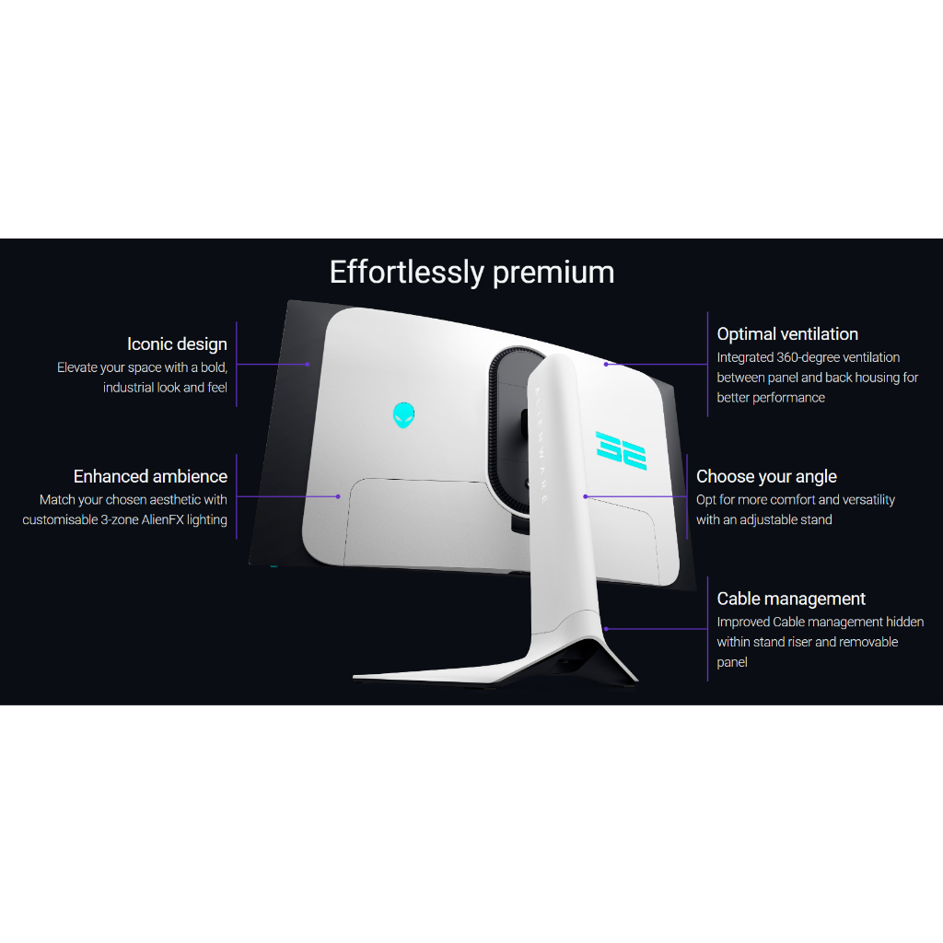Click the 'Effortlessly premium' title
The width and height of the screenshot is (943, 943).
coord(471,273)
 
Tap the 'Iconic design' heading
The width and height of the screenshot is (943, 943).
coord(177,344)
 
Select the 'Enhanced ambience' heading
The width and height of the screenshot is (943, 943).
coord(150,476)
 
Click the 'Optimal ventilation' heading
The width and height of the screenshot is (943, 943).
coord(787,334)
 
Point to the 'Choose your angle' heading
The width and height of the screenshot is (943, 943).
coord(766,476)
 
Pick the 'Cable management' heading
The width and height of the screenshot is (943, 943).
coord(791,599)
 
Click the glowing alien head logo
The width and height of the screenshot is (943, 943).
coord(403,415)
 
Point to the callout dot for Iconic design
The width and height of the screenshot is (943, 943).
coord(308,365)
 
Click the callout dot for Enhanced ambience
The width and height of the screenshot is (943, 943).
coord(338,496)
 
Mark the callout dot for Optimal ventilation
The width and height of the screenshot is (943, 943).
coord(606,364)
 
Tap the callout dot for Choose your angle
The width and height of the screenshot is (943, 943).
coord(585,497)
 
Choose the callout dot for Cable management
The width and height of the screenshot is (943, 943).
coord(605,629)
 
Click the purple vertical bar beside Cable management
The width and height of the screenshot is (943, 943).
coord(707,629)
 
